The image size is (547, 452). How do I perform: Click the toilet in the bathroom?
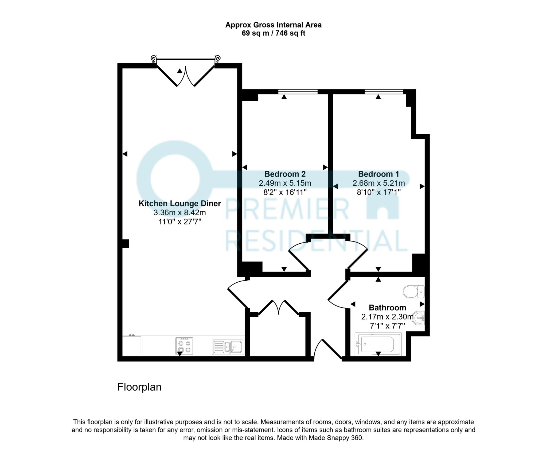[413, 292]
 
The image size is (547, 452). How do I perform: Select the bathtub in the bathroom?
[378, 345]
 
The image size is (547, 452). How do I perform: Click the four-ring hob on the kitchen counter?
[184, 346]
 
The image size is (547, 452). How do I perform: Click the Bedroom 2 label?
[285, 174]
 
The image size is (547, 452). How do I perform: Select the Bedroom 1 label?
[378, 174]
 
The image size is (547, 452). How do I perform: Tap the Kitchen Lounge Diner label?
[180, 204]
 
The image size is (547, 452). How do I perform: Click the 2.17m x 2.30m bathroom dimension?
[387, 317]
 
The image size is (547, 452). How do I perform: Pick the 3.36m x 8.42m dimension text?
[180, 213]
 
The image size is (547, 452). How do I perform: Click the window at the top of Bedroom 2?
[298, 92]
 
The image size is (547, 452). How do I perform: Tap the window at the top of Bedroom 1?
[384, 92]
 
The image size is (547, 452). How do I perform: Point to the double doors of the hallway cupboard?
[279, 307]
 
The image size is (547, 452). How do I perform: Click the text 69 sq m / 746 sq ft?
[273, 33]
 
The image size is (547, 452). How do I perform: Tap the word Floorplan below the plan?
[139, 387]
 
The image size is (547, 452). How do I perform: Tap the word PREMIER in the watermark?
[287, 210]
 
